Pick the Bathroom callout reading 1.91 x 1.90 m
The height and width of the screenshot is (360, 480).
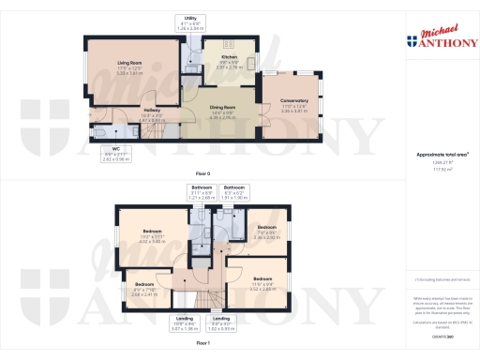coord(234,194)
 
